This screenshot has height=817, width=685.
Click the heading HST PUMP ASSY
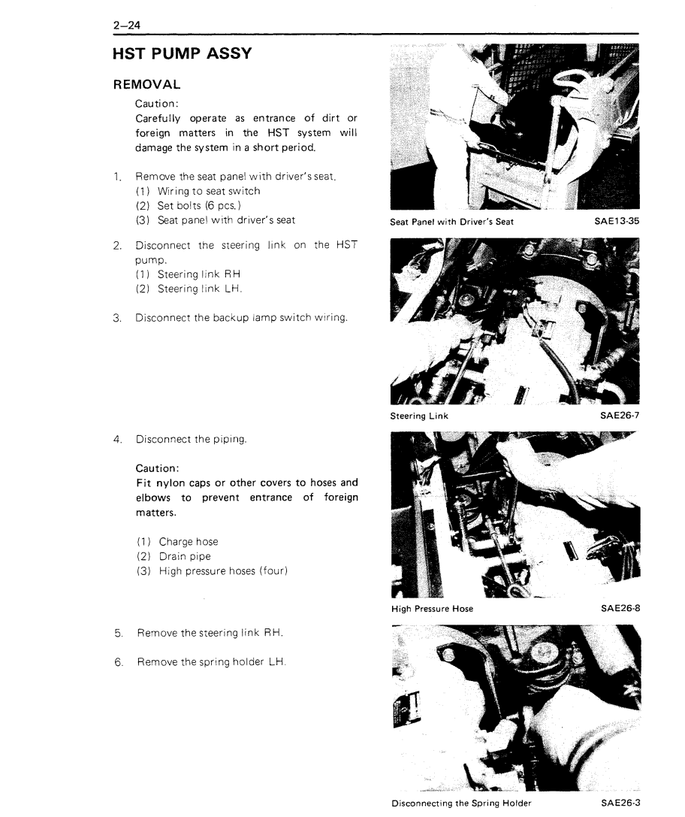(x=182, y=55)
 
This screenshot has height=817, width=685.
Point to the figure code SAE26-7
(x=618, y=416)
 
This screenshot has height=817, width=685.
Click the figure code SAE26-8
(x=618, y=609)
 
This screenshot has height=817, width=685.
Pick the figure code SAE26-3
(x=618, y=803)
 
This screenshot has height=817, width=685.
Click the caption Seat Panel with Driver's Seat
(x=452, y=222)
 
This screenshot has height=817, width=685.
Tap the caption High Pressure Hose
(x=433, y=609)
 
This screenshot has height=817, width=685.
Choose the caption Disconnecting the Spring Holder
(x=461, y=803)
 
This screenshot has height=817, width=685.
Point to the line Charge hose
(x=189, y=541)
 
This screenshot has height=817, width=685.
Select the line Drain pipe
(x=185, y=556)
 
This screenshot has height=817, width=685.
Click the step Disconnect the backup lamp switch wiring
(x=241, y=318)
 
